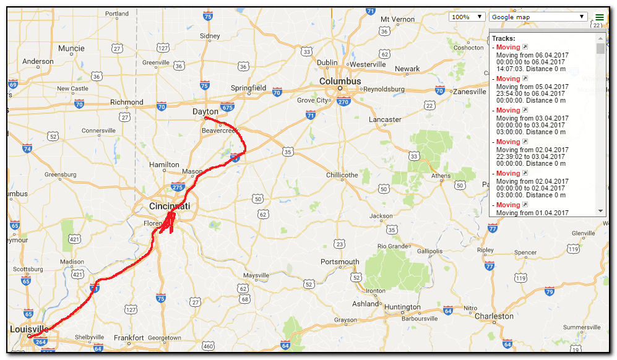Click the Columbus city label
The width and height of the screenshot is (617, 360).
click(x=340, y=81)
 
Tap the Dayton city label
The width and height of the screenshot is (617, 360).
click(x=205, y=112)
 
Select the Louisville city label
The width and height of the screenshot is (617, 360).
click(x=28, y=328)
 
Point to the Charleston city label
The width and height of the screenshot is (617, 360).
click(x=494, y=316)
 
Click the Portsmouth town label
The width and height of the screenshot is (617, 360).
click(x=340, y=262)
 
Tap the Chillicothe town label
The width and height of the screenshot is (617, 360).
click(x=342, y=175)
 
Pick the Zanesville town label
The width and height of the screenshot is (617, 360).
click(x=469, y=92)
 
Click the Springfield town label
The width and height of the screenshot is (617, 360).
click(x=248, y=88)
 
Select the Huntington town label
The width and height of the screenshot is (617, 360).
click(x=402, y=307)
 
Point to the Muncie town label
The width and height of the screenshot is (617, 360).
click(x=71, y=48)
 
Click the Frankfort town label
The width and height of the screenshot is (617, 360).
click(x=130, y=338)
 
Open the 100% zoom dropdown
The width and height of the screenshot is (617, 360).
click(x=467, y=17)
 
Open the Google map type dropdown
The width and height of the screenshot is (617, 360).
click(x=538, y=17)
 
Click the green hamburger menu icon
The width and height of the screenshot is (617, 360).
click(x=599, y=17)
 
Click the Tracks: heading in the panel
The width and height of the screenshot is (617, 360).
click(x=503, y=38)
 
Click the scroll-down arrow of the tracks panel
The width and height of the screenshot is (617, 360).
click(x=600, y=212)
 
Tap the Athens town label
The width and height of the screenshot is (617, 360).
click(x=441, y=176)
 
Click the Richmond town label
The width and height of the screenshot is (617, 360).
click(x=126, y=102)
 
